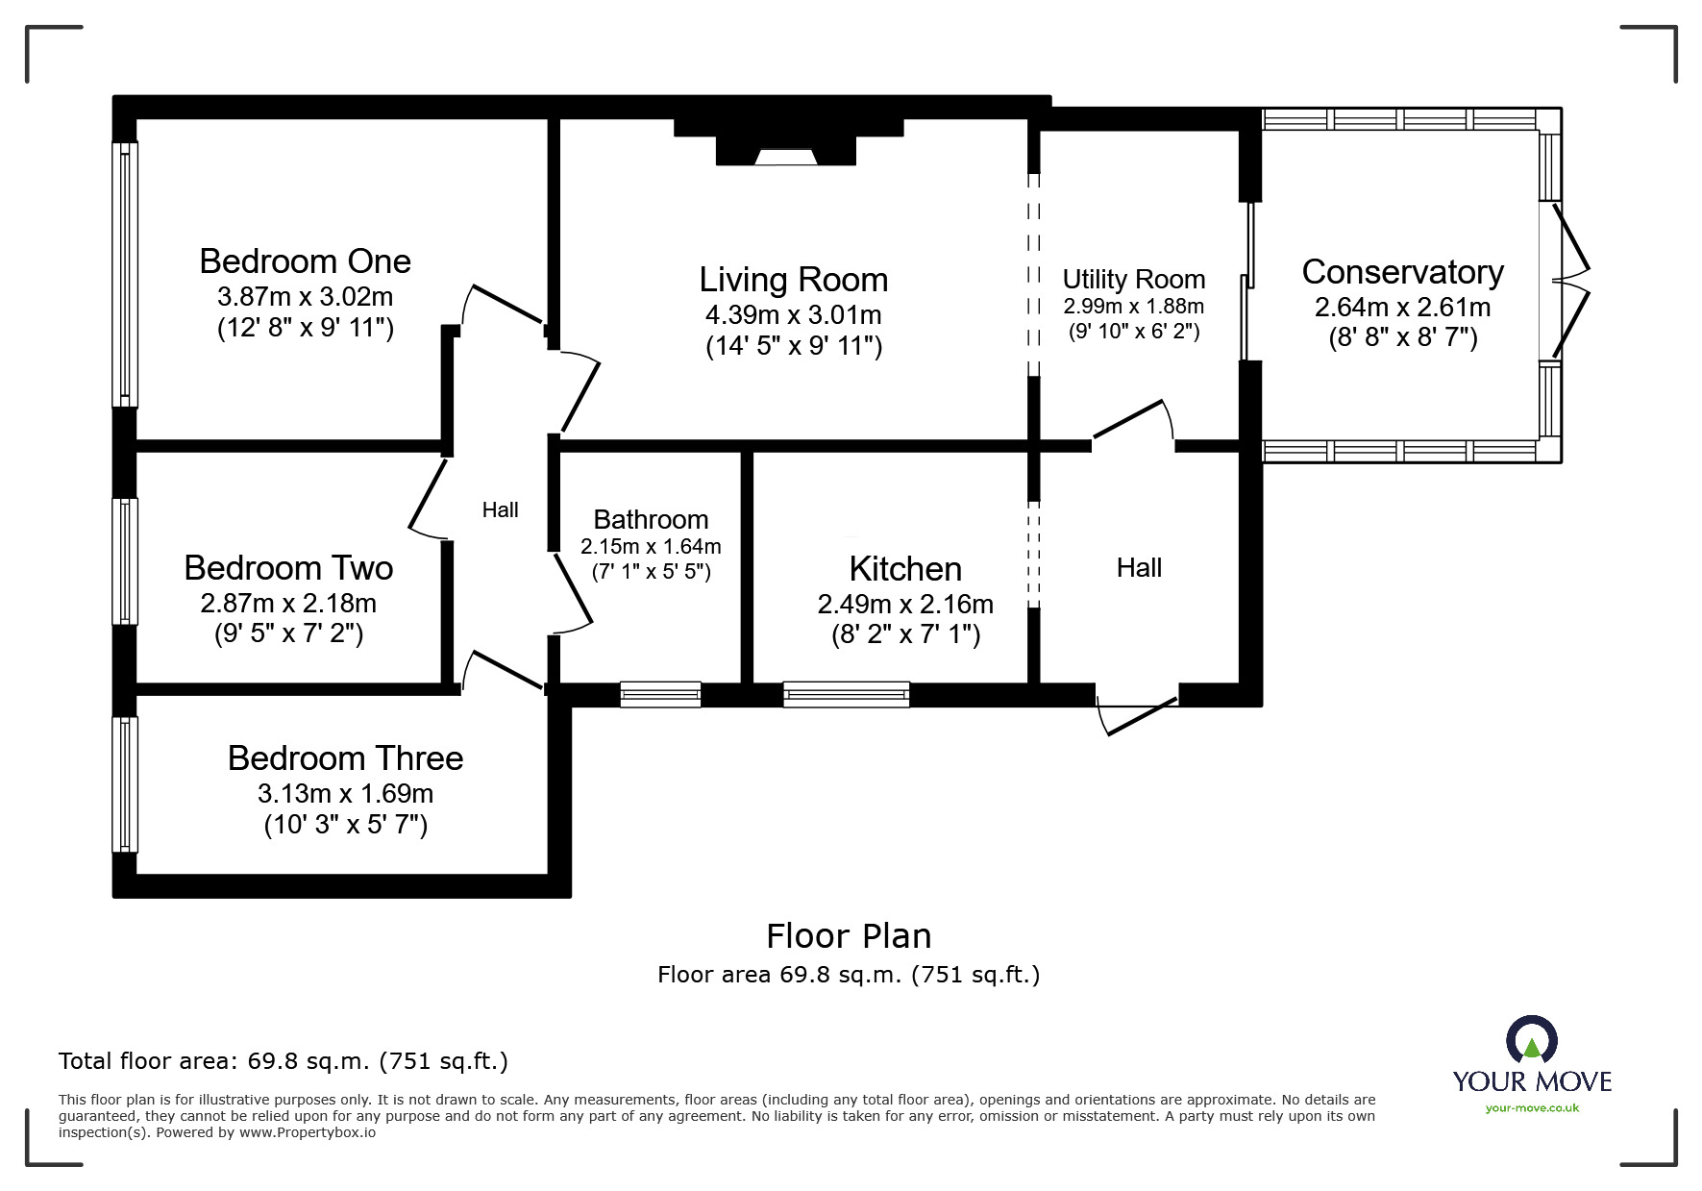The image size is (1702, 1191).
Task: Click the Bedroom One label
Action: click(305, 261)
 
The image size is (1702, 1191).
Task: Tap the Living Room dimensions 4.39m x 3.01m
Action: click(793, 314)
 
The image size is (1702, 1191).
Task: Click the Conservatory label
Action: click(1402, 272)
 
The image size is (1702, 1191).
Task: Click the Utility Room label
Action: click(1133, 279)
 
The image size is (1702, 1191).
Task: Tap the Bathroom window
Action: click(660, 694)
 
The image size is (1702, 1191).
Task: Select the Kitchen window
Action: click(846, 694)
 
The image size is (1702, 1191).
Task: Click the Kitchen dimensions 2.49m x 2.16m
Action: click(904, 604)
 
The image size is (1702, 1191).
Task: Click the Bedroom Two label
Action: click(288, 568)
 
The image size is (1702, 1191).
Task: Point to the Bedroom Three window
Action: click(125, 784)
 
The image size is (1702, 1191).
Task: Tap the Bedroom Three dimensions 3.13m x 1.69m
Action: click(345, 794)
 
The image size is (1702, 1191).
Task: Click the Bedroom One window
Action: click(125, 274)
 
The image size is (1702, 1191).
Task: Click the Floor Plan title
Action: click(849, 935)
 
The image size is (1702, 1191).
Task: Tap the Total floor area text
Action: click(284, 1061)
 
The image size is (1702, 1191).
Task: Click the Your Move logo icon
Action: click(1531, 1041)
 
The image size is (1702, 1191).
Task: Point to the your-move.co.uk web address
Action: click(1532, 1107)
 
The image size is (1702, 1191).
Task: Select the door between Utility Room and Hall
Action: click(1132, 423)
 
